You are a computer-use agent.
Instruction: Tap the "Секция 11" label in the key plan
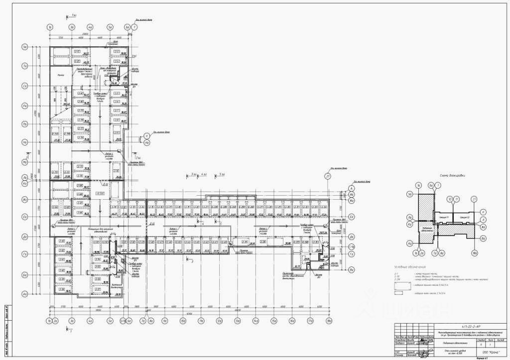coord(444,218)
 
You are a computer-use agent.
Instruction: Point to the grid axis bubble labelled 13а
coord(236,322)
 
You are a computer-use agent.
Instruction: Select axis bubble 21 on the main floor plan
coord(327,177)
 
